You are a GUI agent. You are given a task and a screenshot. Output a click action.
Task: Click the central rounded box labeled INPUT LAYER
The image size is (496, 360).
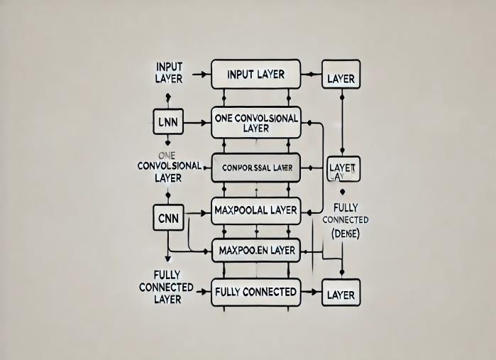tap(255, 74)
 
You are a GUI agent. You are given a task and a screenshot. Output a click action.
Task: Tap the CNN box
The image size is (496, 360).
tap(169, 217)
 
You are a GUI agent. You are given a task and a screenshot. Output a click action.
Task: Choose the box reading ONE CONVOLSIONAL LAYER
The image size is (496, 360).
tap(255, 123)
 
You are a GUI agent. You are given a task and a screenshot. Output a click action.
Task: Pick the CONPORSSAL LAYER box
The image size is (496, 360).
tap(255, 168)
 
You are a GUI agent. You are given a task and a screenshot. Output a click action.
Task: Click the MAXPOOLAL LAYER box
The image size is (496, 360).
tap(255, 210)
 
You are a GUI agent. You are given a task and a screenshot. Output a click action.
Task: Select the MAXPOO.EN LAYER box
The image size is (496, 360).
tap(255, 249)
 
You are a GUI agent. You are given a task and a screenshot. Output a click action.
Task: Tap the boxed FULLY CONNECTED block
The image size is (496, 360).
tap(255, 291)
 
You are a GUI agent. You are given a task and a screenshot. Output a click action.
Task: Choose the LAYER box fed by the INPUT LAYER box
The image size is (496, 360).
tap(341, 79)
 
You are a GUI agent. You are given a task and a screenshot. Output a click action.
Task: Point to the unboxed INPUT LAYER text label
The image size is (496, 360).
tap(169, 72)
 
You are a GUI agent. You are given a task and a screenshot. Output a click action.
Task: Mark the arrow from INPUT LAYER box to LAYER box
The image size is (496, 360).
tap(311, 74)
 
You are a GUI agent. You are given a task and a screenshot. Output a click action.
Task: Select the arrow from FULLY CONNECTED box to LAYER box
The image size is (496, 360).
tap(311, 291)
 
